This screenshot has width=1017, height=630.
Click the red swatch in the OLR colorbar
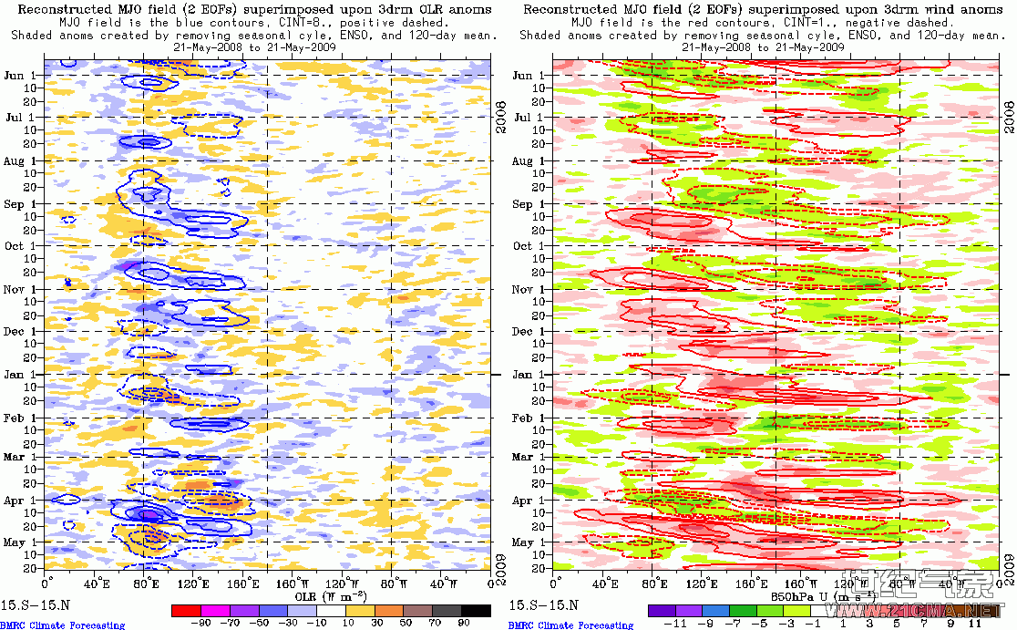pos(185,610)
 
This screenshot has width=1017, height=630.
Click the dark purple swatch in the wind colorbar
pos(661,610)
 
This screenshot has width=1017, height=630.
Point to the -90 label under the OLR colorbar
pos(202,624)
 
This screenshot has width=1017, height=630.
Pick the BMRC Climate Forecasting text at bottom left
pos(63,625)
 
